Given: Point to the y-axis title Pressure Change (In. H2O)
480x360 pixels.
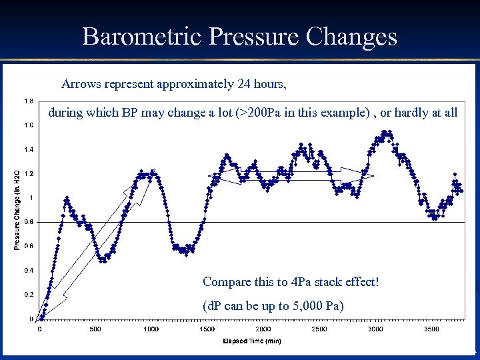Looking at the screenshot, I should [x=17, y=209].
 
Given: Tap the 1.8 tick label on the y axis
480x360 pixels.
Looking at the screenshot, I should [x=29, y=101].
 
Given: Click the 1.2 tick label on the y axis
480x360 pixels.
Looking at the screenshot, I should [x=29, y=174].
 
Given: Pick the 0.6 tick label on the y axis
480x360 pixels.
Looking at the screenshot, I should [x=29, y=246].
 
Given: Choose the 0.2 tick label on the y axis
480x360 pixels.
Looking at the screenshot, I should [x=29, y=294].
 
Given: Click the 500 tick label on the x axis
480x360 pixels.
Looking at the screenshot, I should [x=95, y=329].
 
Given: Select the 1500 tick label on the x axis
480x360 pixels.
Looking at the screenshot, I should [x=207, y=329].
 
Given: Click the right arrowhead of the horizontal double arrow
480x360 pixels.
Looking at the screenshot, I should [x=368, y=177].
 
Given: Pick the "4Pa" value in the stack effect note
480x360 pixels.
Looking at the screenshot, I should [x=303, y=282].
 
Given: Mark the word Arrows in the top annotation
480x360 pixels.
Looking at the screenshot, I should [x=80, y=85].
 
